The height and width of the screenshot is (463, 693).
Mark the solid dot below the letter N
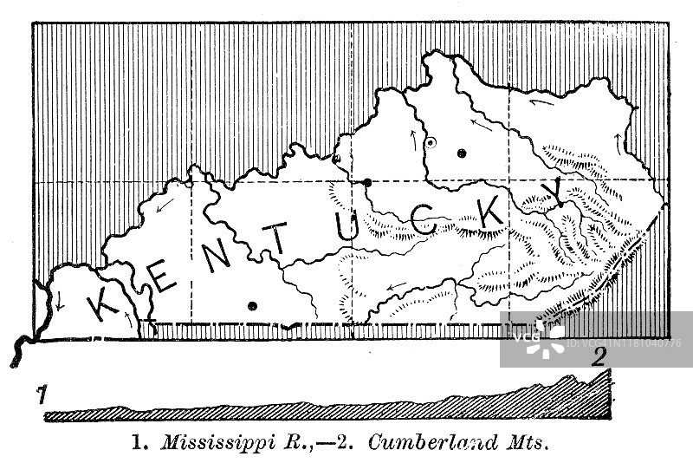click(252, 304)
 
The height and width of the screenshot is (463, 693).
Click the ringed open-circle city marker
click(431, 141)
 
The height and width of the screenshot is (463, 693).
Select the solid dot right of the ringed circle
click(462, 153)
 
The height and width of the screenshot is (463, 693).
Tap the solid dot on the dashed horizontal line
click(367, 182)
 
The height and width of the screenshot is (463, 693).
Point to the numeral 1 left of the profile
click(40, 396)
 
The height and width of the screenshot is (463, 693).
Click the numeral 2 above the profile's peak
click(598, 357)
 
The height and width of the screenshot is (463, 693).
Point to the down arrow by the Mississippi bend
click(59, 303)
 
